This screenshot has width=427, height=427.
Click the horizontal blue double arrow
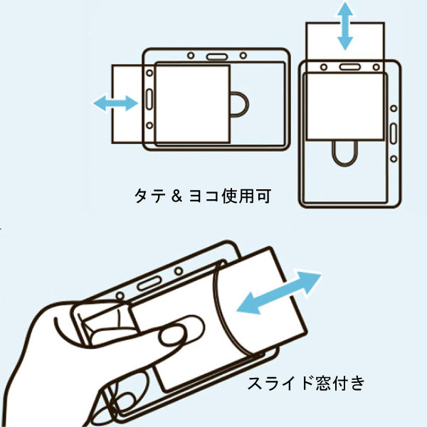pos(115,104)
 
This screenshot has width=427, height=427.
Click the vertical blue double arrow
pos(345,26)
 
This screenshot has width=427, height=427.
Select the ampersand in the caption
pos(179,194)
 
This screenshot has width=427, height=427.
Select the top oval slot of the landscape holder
pos(216,55)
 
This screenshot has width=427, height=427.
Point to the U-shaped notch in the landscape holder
pos(239,104)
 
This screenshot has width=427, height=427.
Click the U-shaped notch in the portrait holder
pos(345,153)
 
